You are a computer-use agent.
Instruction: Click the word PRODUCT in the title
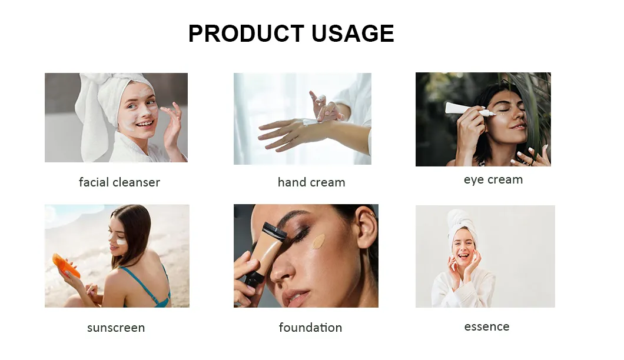point(246,34)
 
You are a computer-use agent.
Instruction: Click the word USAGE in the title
point(353,34)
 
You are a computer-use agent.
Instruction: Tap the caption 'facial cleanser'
point(120,182)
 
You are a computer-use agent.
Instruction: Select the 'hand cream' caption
point(311,182)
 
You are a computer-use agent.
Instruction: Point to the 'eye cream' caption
point(493,180)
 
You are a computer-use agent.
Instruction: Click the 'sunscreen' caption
point(116,328)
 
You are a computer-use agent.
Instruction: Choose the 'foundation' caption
point(310,327)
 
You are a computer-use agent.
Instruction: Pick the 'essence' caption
point(487,326)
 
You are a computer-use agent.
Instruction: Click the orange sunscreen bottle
point(65,266)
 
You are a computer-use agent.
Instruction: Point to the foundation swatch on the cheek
point(318,241)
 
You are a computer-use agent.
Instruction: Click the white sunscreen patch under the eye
point(121,241)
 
